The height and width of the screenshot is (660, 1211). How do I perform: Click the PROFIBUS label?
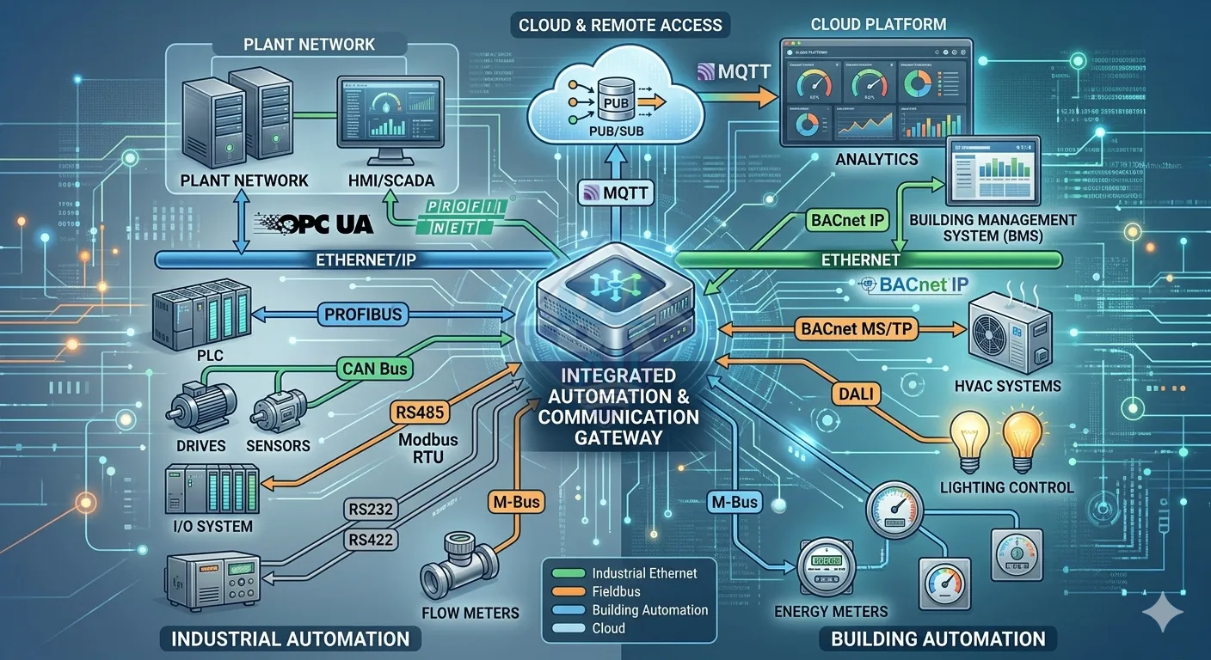point(363,314)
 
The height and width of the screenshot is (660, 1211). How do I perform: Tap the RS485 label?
point(418,412)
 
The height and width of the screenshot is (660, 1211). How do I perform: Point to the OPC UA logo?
point(313,223)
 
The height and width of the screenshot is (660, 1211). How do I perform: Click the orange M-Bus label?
point(513,501)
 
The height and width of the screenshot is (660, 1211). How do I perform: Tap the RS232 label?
point(371,509)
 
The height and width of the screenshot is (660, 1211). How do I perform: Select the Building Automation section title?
point(937,639)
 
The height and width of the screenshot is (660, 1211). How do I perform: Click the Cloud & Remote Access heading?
point(619,25)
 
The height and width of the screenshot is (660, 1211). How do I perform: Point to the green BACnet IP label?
point(847,220)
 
